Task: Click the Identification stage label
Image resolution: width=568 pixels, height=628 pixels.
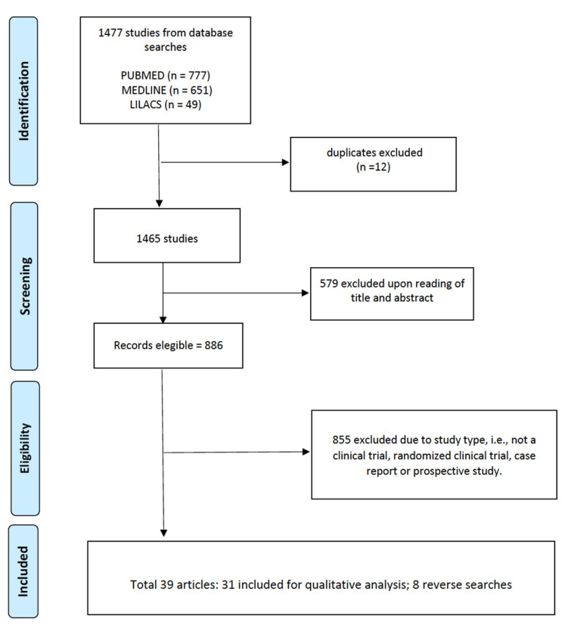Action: pyautogui.click(x=23, y=101)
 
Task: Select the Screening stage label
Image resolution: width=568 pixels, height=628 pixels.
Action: pyautogui.click(x=24, y=286)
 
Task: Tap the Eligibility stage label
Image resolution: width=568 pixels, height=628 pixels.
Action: pyautogui.click(x=25, y=448)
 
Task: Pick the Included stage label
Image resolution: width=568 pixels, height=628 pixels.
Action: pyautogui.click(x=23, y=571)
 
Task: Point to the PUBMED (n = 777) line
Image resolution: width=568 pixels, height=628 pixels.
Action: pyautogui.click(x=166, y=76)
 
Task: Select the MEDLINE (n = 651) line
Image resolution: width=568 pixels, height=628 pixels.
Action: pyautogui.click(x=167, y=90)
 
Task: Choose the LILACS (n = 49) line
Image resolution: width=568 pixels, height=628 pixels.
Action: pyautogui.click(x=166, y=104)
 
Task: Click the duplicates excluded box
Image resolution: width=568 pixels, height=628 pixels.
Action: pyautogui.click(x=373, y=164)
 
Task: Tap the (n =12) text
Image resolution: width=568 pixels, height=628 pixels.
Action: pyautogui.click(x=373, y=166)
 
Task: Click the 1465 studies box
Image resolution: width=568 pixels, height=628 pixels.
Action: pyautogui.click(x=167, y=235)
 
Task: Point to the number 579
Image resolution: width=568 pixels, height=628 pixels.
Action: pyautogui.click(x=329, y=284)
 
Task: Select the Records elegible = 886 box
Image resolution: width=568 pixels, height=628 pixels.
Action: pyautogui.click(x=168, y=346)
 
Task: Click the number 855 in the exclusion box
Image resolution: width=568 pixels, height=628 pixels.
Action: pyautogui.click(x=341, y=440)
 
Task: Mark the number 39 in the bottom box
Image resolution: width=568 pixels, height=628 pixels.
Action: pyautogui.click(x=167, y=585)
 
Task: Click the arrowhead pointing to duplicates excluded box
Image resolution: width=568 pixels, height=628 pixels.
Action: pyautogui.click(x=286, y=162)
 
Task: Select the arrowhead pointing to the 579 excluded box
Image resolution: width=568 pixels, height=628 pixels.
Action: pyautogui.click(x=306, y=293)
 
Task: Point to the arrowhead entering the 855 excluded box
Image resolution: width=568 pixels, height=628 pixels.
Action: pyautogui.click(x=306, y=452)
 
